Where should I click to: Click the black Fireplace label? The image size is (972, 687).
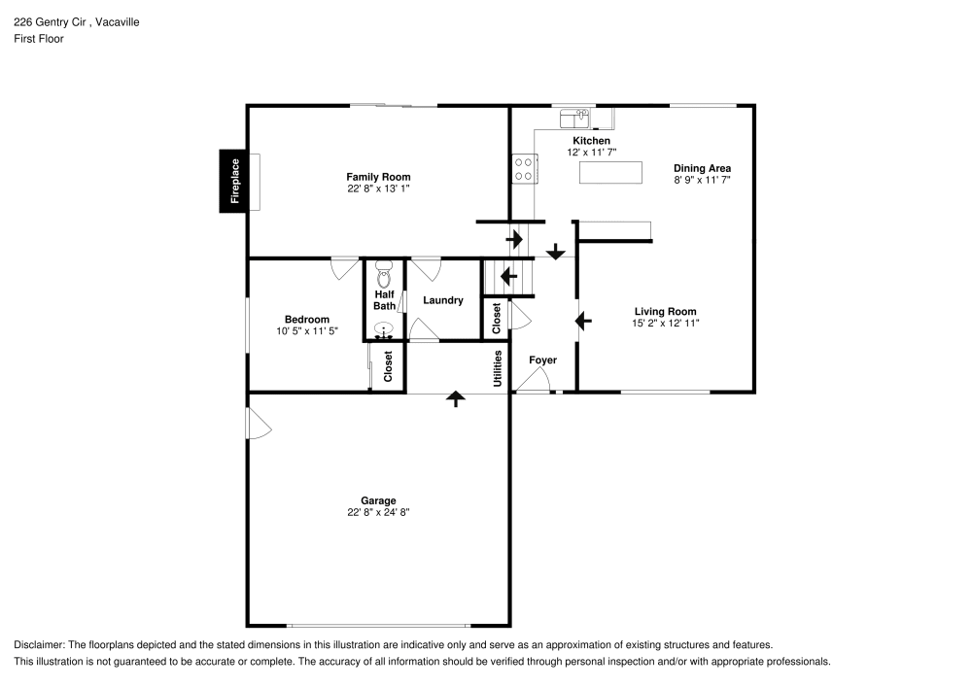click(233, 182)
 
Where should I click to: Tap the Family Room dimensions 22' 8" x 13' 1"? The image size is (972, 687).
click(378, 189)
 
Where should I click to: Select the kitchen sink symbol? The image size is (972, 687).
click(575, 119)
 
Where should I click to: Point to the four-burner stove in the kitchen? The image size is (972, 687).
click(523, 169)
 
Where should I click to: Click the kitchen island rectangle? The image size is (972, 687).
click(611, 172)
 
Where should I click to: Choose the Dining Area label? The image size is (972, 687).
click(702, 168)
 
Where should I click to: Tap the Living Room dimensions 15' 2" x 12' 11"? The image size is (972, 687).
click(665, 324)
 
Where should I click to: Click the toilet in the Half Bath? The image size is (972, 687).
click(384, 269)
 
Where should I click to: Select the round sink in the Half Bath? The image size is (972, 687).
click(384, 330)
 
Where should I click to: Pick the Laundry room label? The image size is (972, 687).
click(442, 300)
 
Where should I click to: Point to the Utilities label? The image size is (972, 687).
click(497, 368)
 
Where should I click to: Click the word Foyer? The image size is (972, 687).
click(542, 361)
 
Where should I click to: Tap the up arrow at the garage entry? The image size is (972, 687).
click(454, 398)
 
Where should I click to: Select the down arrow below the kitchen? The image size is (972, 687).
click(555, 252)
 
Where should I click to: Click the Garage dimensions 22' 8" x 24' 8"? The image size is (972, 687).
click(378, 513)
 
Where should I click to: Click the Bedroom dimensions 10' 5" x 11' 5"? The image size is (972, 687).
click(306, 331)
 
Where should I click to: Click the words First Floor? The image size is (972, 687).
click(39, 39)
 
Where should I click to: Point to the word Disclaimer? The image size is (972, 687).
click(37, 645)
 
